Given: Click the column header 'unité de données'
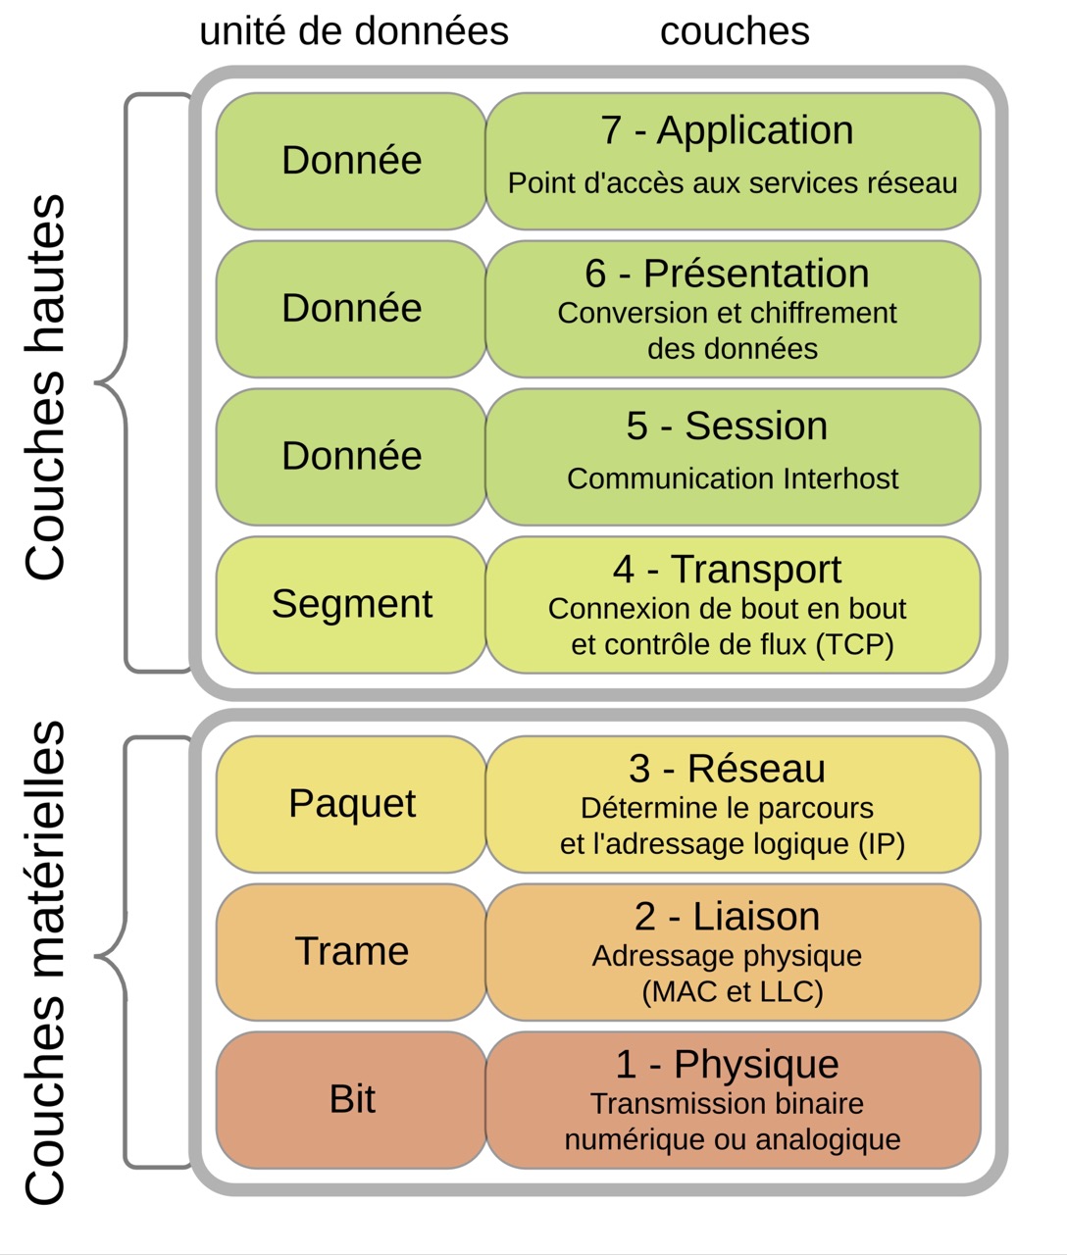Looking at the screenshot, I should tap(354, 31).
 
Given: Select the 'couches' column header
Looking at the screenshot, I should tap(735, 31).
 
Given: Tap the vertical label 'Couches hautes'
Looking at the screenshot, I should tap(45, 387).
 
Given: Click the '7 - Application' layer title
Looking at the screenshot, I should tap(727, 130).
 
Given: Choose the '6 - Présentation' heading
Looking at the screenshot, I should tap(727, 274).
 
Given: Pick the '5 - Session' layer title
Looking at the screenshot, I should tap(727, 427).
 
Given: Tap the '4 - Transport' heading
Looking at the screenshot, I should tap(727, 570).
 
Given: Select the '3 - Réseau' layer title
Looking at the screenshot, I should tap(727, 769).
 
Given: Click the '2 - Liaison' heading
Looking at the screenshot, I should tap(727, 917).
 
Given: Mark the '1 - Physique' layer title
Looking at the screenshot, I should tap(727, 1065).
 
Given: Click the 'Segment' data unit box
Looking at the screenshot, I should tap(351, 604).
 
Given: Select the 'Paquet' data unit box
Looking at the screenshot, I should tap(351, 804).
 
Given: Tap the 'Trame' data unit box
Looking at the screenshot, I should tap(351, 951).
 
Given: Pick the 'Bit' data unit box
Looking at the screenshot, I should tap(351, 1099).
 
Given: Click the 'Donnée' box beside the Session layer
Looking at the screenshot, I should tap(351, 456).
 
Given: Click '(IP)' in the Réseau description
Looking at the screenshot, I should tap(881, 844).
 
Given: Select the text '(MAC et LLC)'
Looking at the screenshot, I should tap(732, 992).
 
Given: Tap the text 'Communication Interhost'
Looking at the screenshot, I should tap(733, 478).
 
